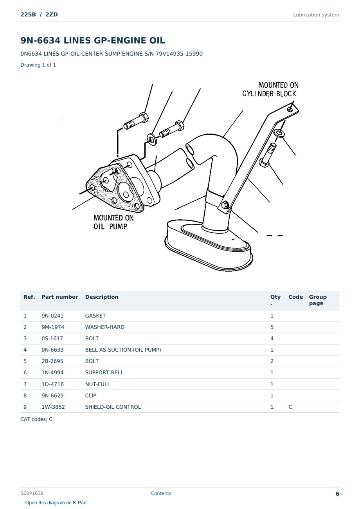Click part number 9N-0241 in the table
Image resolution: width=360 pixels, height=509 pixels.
click(52, 316)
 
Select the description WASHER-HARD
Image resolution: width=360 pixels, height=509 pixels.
click(105, 327)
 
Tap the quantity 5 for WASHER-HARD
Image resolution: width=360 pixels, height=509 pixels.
click(272, 327)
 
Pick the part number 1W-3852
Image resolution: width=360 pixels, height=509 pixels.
click(53, 407)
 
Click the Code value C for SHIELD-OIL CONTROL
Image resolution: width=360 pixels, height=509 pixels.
click(290, 407)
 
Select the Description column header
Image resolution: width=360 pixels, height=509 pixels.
click(102, 297)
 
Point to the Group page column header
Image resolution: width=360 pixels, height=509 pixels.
click(318, 300)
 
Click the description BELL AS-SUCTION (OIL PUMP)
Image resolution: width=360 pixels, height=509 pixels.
click(123, 350)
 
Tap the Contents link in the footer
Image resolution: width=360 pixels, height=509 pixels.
click(161, 493)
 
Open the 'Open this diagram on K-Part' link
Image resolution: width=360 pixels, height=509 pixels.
click(56, 503)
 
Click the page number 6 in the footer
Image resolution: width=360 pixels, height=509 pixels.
click(337, 494)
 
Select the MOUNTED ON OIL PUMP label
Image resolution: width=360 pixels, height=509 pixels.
click(113, 222)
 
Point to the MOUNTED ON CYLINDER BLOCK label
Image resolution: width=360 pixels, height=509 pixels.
click(270, 89)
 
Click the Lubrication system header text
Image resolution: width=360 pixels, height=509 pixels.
click(316, 15)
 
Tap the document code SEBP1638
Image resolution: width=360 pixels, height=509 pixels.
click(32, 493)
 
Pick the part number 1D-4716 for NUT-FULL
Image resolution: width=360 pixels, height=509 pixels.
click(52, 384)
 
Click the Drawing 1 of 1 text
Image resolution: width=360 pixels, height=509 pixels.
click(38, 65)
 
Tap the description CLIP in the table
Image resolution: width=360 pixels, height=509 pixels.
click(91, 395)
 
